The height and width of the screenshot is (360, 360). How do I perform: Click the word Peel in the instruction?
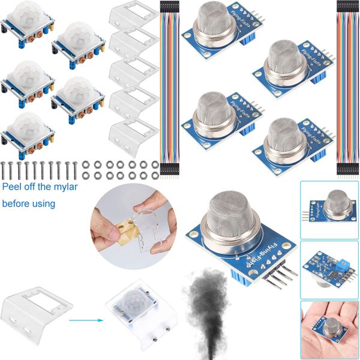13,187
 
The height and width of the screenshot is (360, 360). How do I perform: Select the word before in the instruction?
18,204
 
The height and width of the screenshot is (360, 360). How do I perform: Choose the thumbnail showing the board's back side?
328,267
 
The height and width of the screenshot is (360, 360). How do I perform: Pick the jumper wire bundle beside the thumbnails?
346,90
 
